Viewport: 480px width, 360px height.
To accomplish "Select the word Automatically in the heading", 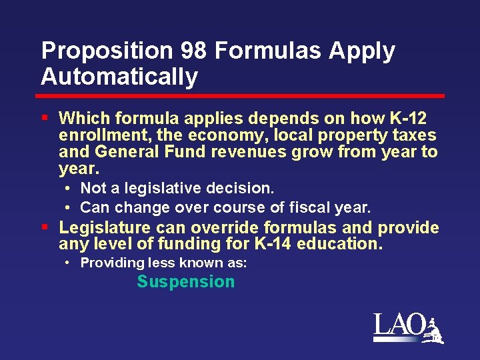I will (x=119, y=77).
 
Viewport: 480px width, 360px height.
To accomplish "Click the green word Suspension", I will (x=186, y=282).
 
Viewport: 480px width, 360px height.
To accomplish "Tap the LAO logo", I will (x=407, y=328).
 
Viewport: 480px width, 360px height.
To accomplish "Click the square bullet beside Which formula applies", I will (x=45, y=118).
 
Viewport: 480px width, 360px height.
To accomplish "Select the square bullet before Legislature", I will (x=45, y=227).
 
